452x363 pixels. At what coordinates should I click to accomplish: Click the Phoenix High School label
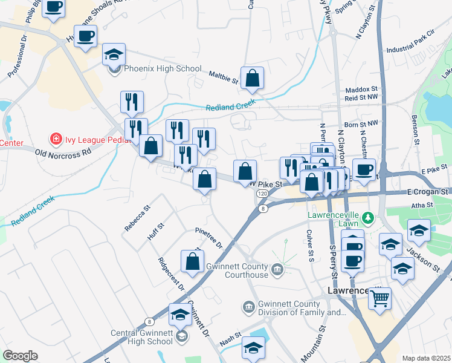pos(162,69)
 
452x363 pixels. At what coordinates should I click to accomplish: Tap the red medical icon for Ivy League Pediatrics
pos(56,139)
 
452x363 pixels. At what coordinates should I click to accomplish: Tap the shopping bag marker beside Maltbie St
pos(252,78)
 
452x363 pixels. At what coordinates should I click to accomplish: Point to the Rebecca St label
pos(135,220)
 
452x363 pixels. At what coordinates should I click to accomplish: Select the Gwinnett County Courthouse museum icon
pos(277,268)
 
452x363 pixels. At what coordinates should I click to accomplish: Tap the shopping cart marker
pos(379,298)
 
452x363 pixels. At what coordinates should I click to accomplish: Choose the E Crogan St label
pos(427,191)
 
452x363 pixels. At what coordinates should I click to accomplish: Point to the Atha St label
pos(422,205)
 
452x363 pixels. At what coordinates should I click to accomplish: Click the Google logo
pos(20,356)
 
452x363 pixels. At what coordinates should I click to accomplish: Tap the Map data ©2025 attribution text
pos(425,358)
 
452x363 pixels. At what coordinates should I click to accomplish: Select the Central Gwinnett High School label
pos(142,337)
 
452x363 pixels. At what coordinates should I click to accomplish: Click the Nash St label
pos(230,340)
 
